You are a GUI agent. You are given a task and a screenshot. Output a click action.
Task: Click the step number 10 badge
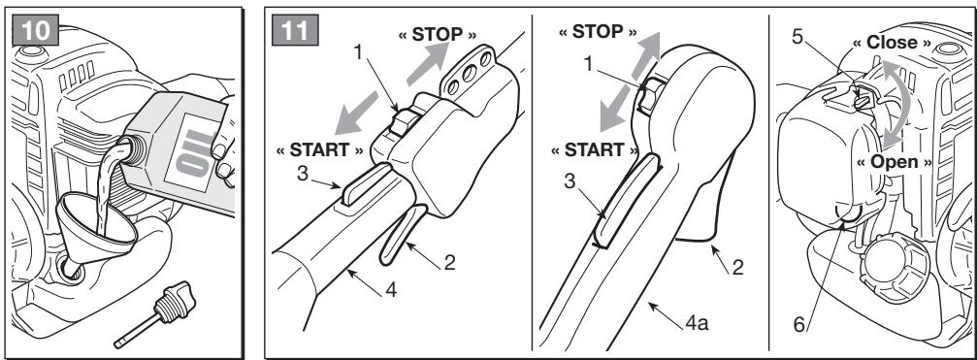(36, 30)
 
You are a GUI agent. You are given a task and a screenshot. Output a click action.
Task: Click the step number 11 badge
(295, 30)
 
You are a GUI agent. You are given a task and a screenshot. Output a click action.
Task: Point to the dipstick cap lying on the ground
(156, 314)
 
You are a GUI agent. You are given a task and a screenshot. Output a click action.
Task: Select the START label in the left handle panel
(319, 150)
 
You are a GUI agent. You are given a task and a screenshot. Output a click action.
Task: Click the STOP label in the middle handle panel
(598, 32)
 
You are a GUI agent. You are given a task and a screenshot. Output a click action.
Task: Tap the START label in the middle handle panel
(595, 150)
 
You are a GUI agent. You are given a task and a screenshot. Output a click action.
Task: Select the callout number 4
(390, 289)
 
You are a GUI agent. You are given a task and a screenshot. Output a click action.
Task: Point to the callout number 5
(797, 37)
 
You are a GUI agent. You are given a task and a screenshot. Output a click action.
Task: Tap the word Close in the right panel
(893, 43)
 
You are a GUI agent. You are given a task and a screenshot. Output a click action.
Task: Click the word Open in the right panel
(895, 162)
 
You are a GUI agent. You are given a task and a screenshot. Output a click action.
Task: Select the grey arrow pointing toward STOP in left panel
(428, 63)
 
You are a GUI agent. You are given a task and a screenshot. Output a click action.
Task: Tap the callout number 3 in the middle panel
(570, 181)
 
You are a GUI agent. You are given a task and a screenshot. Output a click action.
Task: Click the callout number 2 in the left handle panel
(448, 263)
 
